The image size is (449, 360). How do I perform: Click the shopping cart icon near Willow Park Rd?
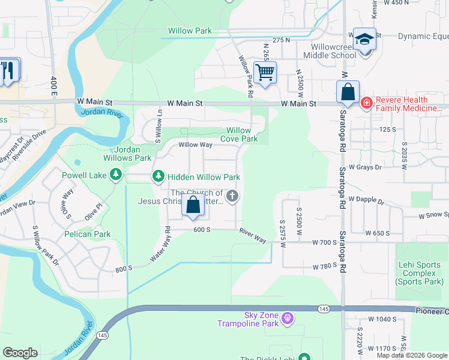tap(265, 73)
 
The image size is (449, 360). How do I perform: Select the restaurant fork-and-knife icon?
tap(8, 71)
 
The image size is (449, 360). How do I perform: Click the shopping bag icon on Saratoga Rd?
tap(348, 92)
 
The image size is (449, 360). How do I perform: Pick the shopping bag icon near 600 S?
tap(193, 205)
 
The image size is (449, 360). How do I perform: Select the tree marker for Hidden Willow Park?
tap(158, 176)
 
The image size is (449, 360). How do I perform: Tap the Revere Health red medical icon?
tap(366, 104)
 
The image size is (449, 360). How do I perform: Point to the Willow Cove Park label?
tap(242, 134)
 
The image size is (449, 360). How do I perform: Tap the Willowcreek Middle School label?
tap(333, 51)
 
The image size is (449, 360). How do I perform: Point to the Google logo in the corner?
tap(20, 352)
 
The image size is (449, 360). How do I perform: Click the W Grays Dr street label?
tap(365, 167)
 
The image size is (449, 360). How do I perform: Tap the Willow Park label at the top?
tap(190, 31)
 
